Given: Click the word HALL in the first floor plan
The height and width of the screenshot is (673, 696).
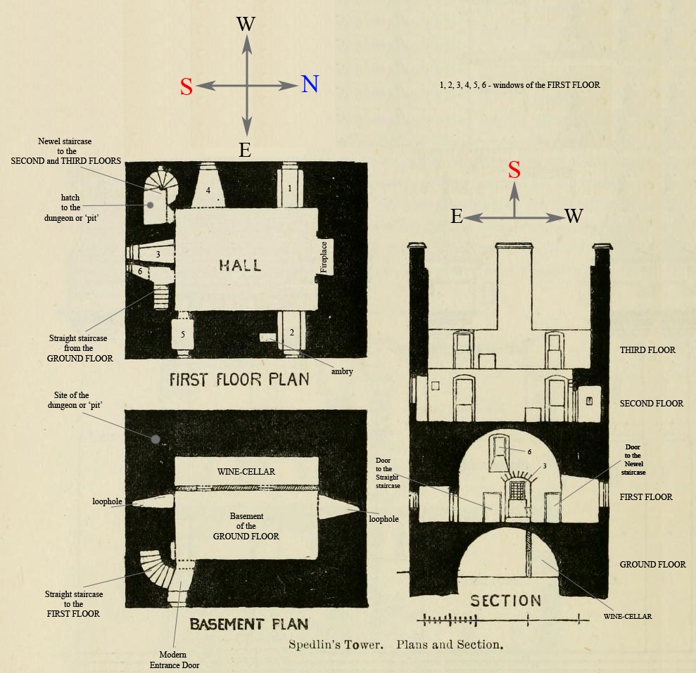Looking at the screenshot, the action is pos(240,265).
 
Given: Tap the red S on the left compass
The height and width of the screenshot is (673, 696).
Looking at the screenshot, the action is pos(186,86).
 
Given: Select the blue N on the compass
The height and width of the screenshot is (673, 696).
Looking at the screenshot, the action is pos(310,84).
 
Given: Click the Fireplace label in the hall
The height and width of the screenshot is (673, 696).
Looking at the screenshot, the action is pos(324,257).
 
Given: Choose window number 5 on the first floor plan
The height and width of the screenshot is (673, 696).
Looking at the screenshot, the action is pos(183,333).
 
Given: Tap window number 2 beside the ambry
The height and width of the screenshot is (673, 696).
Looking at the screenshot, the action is pos(291,333).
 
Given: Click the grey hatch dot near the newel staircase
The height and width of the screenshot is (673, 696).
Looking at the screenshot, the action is pos(151,205).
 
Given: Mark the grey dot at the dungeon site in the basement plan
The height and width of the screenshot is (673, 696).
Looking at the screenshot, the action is pos(156,440).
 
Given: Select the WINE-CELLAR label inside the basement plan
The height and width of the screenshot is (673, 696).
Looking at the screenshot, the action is pos(246,472).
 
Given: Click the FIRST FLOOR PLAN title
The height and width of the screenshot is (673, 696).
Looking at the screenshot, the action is pos(239,380).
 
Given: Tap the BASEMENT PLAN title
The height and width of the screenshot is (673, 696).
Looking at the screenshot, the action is pos(249,624).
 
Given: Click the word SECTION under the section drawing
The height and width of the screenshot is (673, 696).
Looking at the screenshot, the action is pos(505,601).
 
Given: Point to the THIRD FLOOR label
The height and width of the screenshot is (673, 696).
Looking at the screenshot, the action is pos(647,350).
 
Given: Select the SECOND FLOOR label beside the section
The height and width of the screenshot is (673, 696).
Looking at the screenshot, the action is pos(651,403).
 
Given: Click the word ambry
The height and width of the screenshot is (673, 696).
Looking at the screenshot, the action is pos(342,371).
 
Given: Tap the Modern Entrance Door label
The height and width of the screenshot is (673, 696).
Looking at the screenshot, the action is pos(175,660).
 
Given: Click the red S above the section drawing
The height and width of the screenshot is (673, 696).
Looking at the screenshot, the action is pos(514,169).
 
